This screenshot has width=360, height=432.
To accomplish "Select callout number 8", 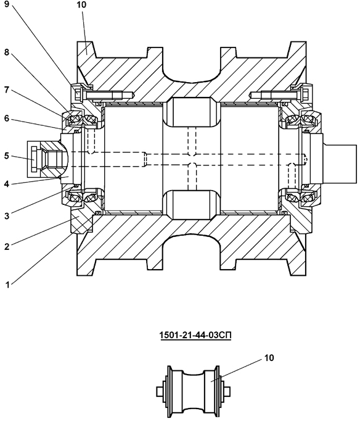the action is [7, 52].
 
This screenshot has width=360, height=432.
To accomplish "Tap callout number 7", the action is [7, 89].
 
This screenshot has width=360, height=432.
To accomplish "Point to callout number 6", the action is [7, 118].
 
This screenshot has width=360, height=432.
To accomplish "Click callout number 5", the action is [7, 156].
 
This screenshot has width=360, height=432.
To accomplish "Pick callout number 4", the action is [7, 184].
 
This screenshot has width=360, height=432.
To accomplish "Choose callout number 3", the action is [7, 216].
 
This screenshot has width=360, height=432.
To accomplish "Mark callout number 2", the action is [7, 247].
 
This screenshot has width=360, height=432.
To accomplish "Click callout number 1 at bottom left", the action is [7, 285].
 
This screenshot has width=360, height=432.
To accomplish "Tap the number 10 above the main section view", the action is [81, 5].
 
